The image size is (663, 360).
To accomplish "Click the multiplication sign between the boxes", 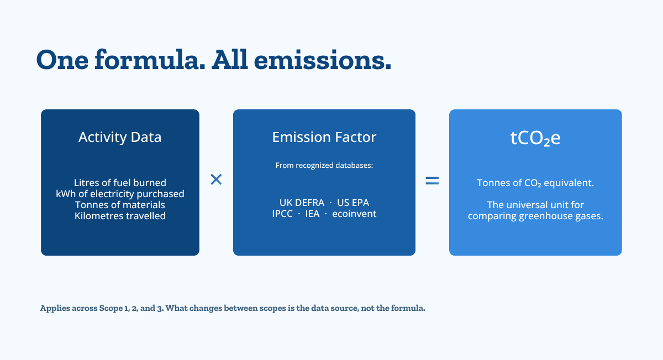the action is [x=216, y=179].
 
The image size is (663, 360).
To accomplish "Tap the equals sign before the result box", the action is [x=432, y=181].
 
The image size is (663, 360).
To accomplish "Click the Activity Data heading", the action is [x=120, y=137].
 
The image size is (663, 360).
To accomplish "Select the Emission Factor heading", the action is [x=324, y=137].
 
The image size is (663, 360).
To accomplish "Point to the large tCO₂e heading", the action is [x=535, y=138].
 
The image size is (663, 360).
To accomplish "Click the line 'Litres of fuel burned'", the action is [x=120, y=183].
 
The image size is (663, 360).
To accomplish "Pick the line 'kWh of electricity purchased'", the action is [x=120, y=194].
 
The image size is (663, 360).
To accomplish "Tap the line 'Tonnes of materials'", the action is [x=120, y=205].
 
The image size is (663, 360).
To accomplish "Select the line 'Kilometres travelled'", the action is [x=120, y=216].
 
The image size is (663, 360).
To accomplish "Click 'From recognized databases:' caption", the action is [x=324, y=165].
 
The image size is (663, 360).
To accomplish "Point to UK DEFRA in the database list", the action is [x=302, y=203].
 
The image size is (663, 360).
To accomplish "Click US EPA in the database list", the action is [x=353, y=203].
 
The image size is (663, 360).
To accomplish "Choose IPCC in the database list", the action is [x=282, y=214].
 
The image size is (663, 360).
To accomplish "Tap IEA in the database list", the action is [x=312, y=214].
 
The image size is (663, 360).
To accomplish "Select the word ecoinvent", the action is [x=354, y=214].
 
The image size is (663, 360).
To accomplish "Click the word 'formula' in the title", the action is [x=150, y=60].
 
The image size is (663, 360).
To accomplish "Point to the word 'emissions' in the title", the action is [x=323, y=60].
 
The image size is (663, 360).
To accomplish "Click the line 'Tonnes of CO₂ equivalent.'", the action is [x=535, y=183].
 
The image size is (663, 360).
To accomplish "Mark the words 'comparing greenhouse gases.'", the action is [x=535, y=216].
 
